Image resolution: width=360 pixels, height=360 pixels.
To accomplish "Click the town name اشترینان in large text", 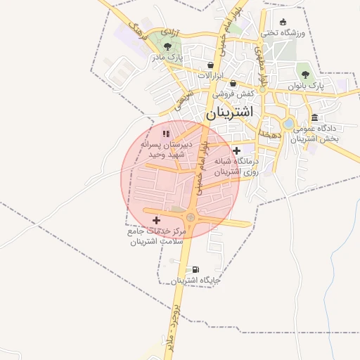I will click(x=232, y=112).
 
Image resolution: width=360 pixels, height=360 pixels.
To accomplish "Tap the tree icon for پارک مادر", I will click(x=167, y=46).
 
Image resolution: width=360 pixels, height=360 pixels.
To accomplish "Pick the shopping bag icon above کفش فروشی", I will click(x=233, y=83).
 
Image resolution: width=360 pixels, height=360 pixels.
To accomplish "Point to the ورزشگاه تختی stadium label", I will click(x=282, y=32).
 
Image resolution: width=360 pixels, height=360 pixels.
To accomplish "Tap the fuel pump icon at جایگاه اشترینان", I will click(x=195, y=269).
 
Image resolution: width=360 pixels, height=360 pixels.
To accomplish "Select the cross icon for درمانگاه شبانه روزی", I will click(x=237, y=150).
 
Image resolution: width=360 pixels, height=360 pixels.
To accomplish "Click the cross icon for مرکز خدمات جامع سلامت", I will click(x=156, y=221).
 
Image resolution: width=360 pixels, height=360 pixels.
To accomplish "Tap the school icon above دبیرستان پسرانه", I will click(x=166, y=133).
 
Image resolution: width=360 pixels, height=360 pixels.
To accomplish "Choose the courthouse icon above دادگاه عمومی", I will click(x=314, y=117).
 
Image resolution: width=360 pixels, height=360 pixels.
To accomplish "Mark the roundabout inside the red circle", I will click(x=191, y=217).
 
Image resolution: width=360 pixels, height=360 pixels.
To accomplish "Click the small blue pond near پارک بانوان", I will click(x=288, y=124).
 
